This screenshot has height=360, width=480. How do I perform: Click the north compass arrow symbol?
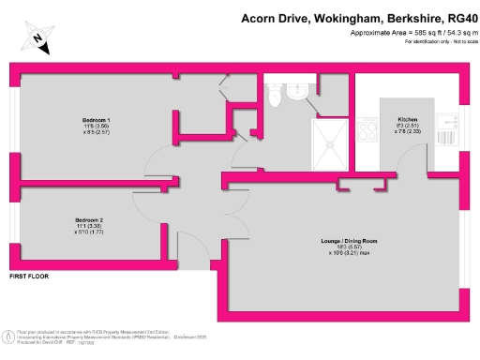coord(35,38)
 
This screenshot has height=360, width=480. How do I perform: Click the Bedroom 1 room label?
coord(95,121)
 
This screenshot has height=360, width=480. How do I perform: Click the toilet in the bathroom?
coord(275,95)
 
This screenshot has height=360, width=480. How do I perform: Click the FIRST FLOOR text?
coord(27,277)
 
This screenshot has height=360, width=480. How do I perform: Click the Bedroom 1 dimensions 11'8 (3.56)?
coord(96,128)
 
